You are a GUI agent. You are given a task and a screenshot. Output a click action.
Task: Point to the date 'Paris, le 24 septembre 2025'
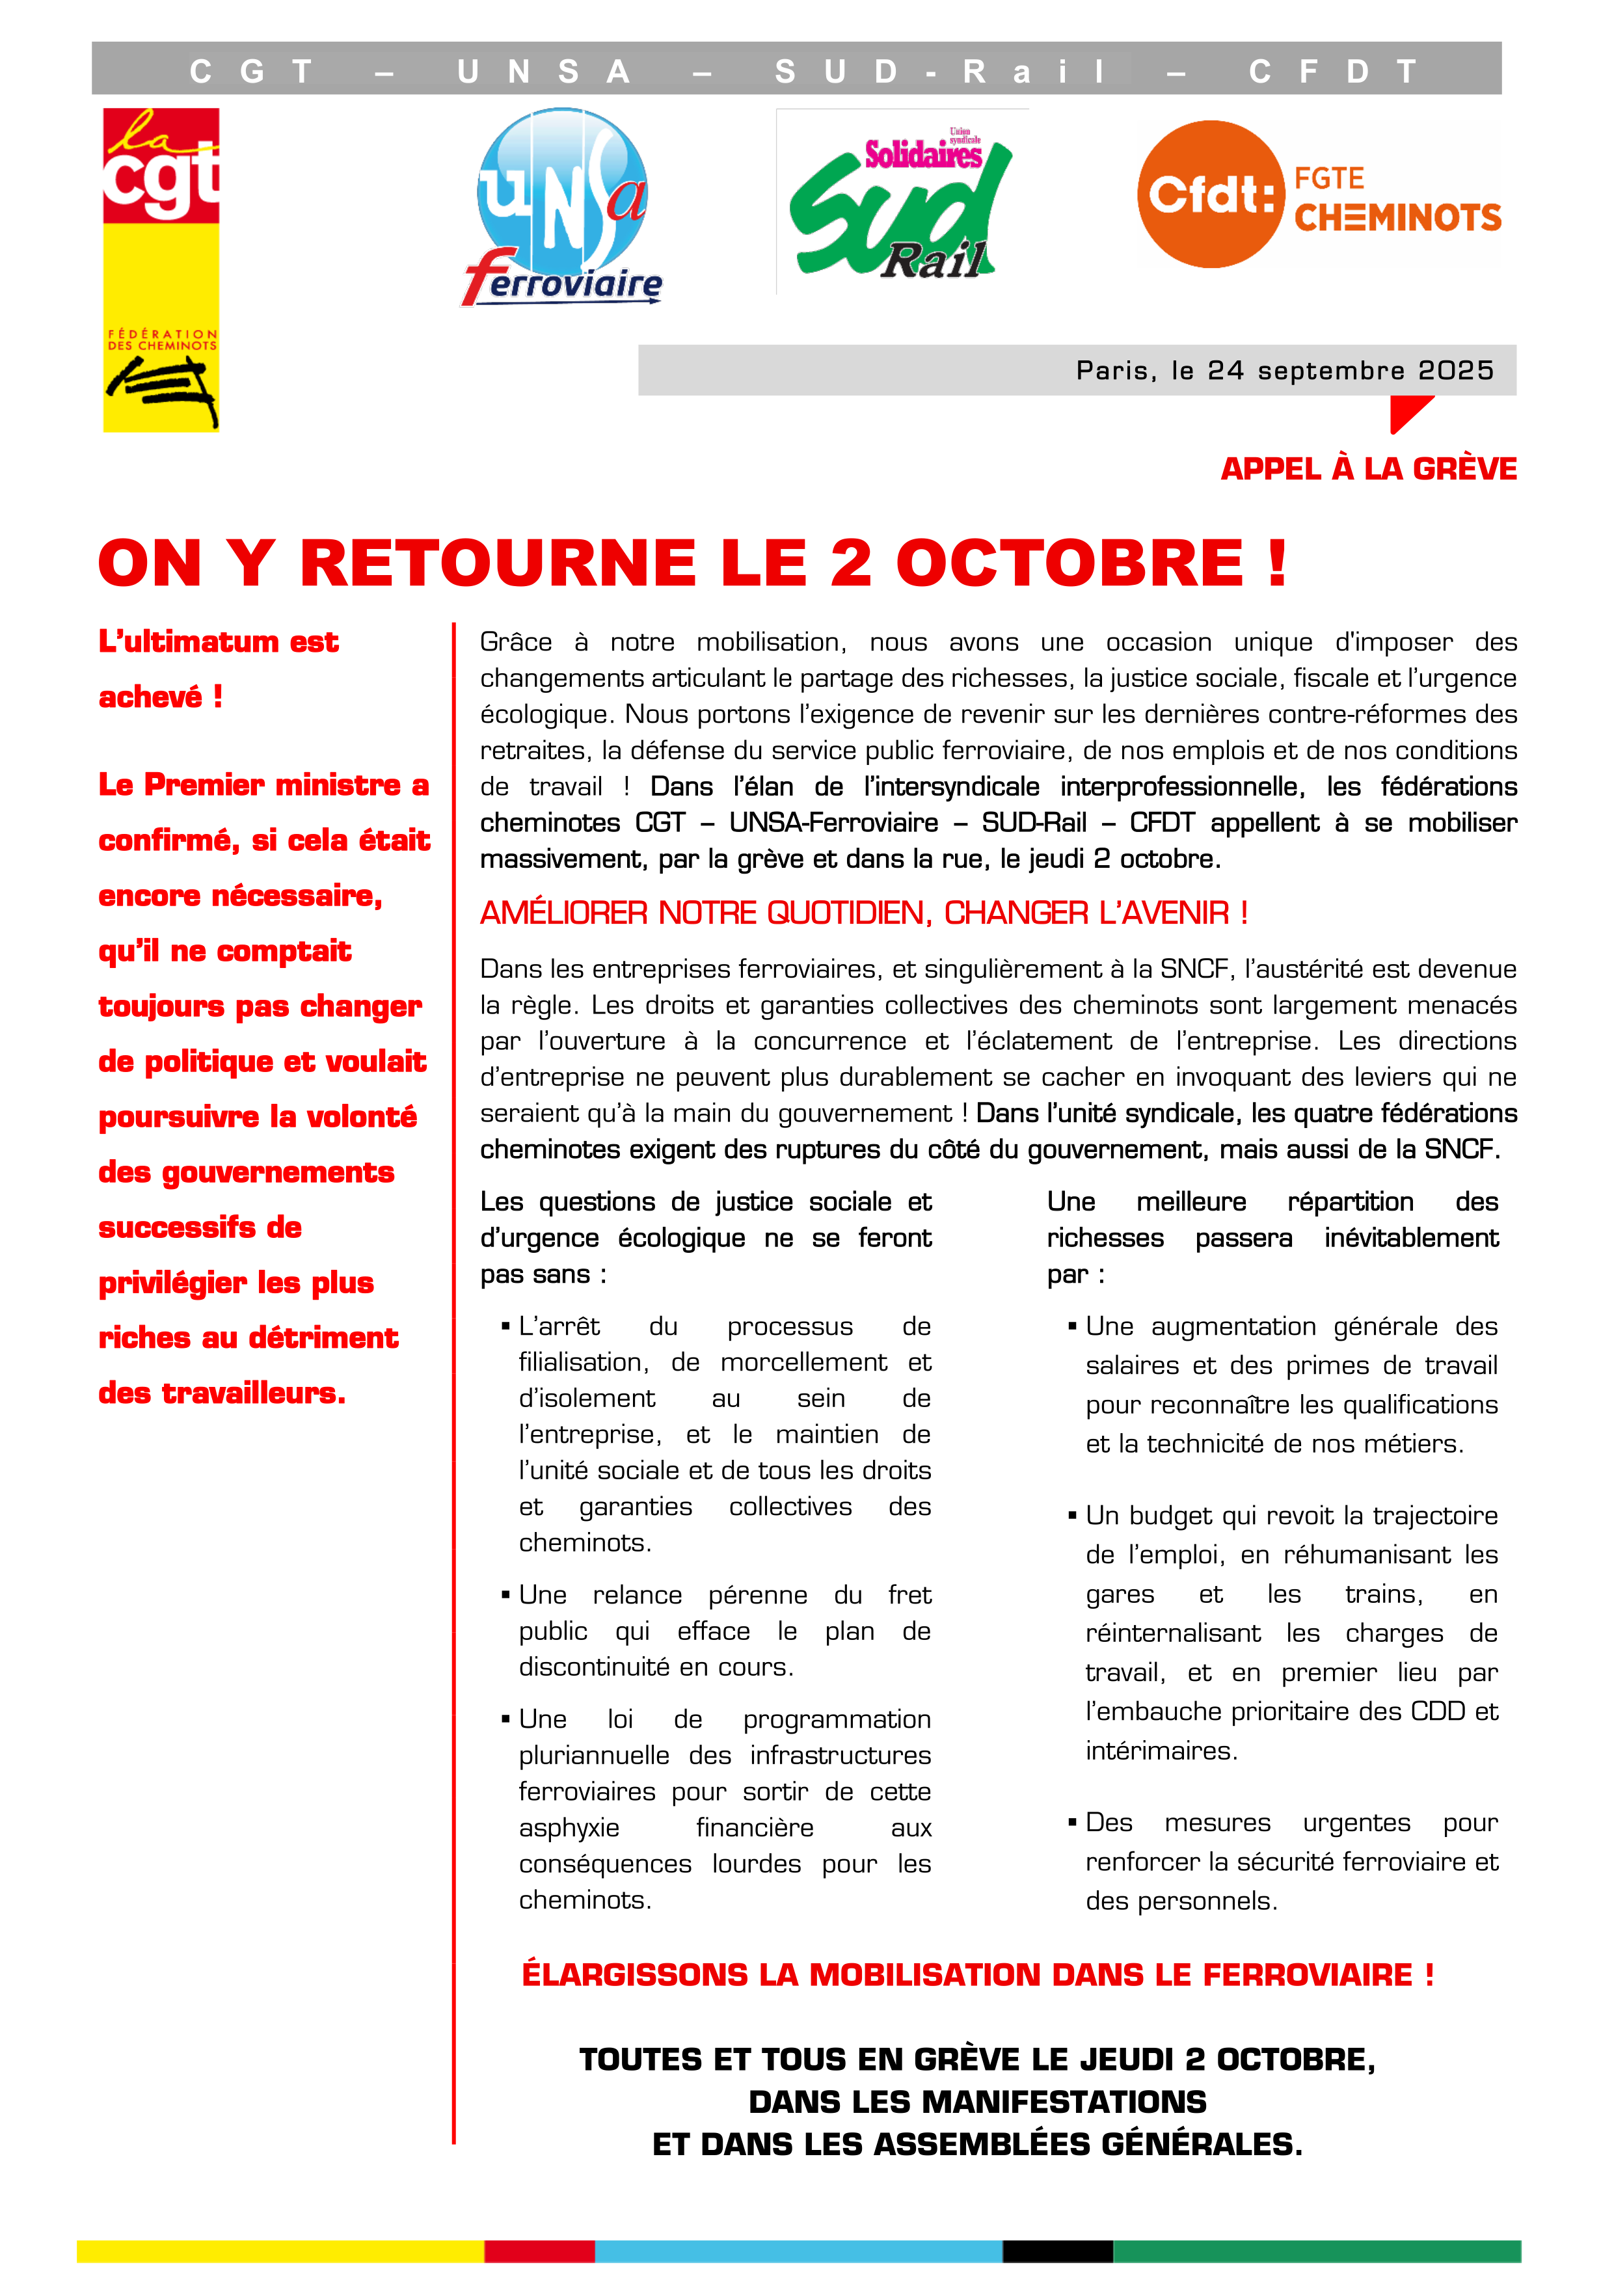tap(1284, 371)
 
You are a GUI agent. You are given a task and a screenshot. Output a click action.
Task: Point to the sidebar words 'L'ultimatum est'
tap(219, 642)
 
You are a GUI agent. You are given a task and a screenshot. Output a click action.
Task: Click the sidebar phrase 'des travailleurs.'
tap(222, 1393)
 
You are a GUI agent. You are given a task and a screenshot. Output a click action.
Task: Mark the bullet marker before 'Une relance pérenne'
tap(506, 1595)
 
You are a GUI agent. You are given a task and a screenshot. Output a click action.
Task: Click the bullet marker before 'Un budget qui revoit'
tap(1072, 1516)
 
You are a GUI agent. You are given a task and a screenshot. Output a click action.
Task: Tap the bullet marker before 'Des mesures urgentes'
tap(1072, 1823)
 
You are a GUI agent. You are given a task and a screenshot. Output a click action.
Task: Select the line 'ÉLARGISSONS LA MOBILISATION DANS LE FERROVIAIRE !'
tap(978, 1975)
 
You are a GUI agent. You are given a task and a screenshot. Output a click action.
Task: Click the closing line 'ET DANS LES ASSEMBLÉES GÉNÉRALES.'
tap(977, 2145)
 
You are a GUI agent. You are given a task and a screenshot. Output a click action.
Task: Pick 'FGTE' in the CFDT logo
tap(1329, 179)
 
